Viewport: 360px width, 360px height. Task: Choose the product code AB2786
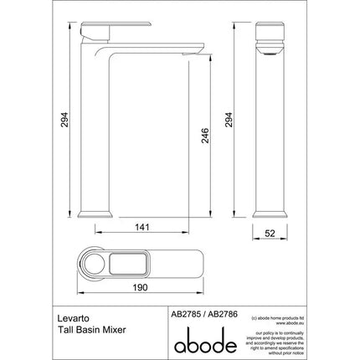tap(217, 309)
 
